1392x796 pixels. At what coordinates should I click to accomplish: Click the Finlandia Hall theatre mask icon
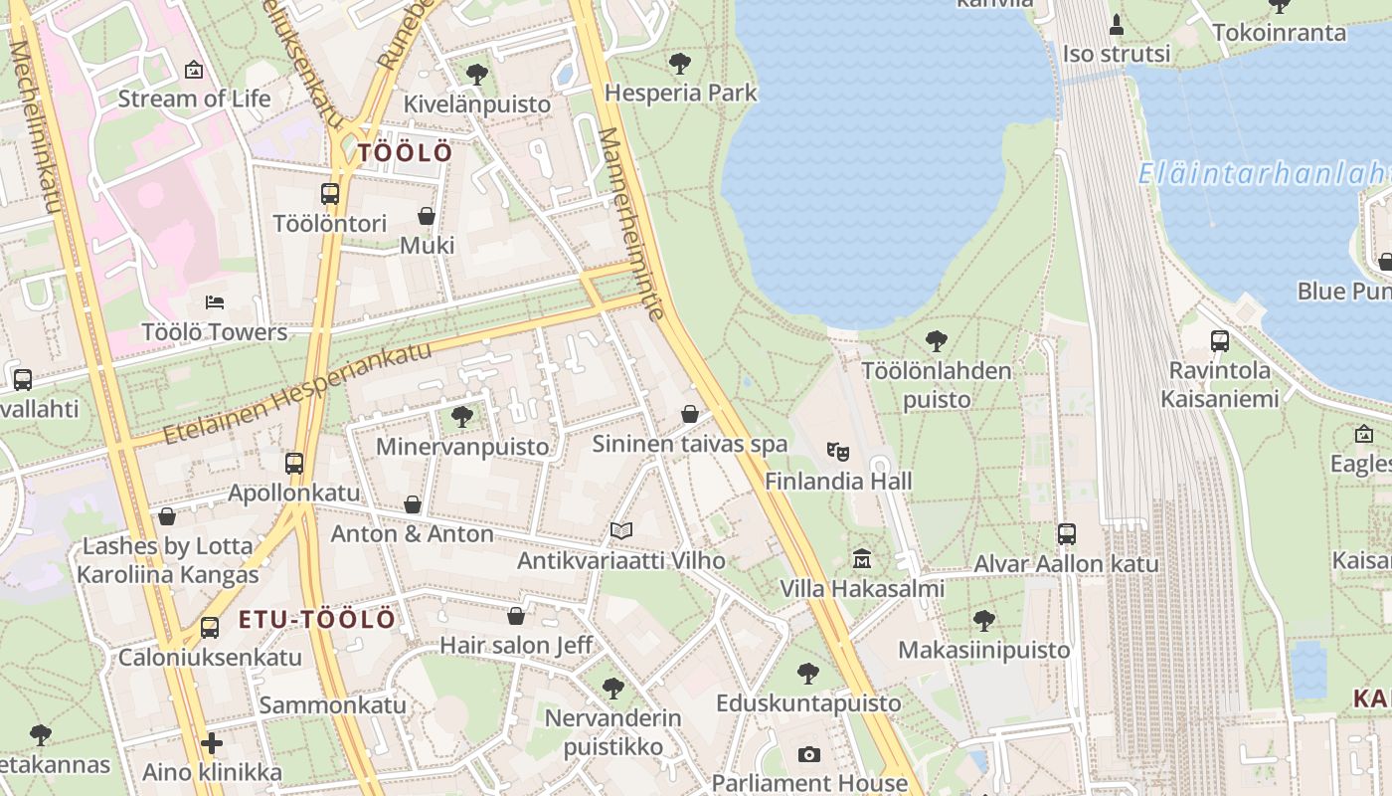pyautogui.click(x=838, y=452)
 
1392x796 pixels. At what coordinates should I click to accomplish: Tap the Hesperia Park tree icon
pyautogui.click(x=680, y=64)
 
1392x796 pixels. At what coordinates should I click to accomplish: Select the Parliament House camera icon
pyautogui.click(x=809, y=754)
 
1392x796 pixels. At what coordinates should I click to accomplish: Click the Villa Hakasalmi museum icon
pyautogui.click(x=862, y=558)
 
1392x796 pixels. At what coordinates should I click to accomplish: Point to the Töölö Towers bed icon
pyautogui.click(x=215, y=301)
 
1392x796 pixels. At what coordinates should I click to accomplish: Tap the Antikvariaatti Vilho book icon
pyautogui.click(x=621, y=531)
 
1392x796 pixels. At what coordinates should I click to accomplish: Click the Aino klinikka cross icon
pyautogui.click(x=211, y=742)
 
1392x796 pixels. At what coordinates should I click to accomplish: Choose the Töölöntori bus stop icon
pyautogui.click(x=330, y=193)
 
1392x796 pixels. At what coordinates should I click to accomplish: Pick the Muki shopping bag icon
pyautogui.click(x=427, y=216)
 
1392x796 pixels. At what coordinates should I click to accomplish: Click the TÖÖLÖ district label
pyautogui.click(x=405, y=153)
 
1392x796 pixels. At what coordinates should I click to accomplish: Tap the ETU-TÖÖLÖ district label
pyautogui.click(x=317, y=620)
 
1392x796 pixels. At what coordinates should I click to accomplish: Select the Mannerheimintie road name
pyautogui.click(x=631, y=223)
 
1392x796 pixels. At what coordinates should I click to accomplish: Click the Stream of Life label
pyautogui.click(x=194, y=99)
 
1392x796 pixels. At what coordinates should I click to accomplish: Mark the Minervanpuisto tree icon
pyautogui.click(x=461, y=416)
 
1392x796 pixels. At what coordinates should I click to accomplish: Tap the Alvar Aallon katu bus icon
pyautogui.click(x=1067, y=534)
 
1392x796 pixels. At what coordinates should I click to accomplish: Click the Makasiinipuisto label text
pyautogui.click(x=984, y=650)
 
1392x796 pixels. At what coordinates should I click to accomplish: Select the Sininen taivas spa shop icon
pyautogui.click(x=690, y=414)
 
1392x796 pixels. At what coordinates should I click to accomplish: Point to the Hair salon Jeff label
pyautogui.click(x=516, y=645)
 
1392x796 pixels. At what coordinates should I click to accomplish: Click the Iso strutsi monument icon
pyautogui.click(x=1116, y=25)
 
